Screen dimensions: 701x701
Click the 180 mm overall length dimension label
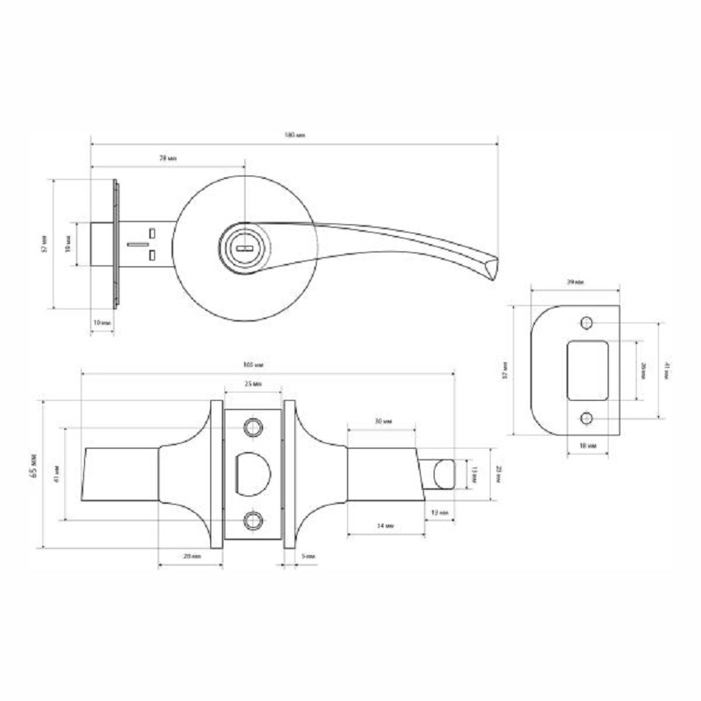[294, 135]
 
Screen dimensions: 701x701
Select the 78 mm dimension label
[168, 158]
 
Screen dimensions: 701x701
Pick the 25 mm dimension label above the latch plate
[253, 384]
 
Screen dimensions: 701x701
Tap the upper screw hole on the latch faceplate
[253, 426]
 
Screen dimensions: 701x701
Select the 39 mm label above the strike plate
[575, 283]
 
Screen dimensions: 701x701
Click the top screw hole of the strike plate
[586, 322]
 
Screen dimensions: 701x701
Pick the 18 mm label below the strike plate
[586, 445]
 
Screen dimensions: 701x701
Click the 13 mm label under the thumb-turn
[439, 513]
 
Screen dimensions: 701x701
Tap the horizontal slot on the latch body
[137, 245]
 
